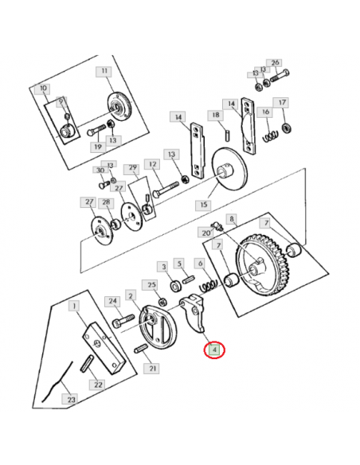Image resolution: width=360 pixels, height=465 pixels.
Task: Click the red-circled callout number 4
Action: pyautogui.click(x=214, y=350)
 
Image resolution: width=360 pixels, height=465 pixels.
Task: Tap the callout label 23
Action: pyautogui.click(x=71, y=399)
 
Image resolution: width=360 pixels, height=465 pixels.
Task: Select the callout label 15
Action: pyautogui.click(x=204, y=205)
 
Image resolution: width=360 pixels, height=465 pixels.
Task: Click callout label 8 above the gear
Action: pyautogui.click(x=232, y=219)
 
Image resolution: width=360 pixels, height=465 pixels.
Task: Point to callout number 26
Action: pyautogui.click(x=275, y=63)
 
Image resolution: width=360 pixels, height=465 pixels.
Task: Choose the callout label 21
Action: pyautogui.click(x=152, y=368)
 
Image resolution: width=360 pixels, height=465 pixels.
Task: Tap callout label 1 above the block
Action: pyautogui.click(x=74, y=306)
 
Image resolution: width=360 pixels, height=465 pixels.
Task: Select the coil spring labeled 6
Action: pyautogui.click(x=208, y=285)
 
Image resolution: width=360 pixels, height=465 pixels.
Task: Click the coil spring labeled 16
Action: pyautogui.click(x=272, y=135)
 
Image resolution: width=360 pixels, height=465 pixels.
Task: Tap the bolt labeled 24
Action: pyautogui.click(x=123, y=321)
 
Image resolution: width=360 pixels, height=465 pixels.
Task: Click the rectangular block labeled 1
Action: pyautogui.click(x=104, y=348)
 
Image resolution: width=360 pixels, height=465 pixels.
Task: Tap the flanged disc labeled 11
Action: pyautogui.click(x=119, y=106)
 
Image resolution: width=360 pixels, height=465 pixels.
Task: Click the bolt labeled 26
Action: pyautogui.click(x=280, y=76)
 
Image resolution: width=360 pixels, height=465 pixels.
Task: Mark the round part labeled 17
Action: pyautogui.click(x=287, y=128)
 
